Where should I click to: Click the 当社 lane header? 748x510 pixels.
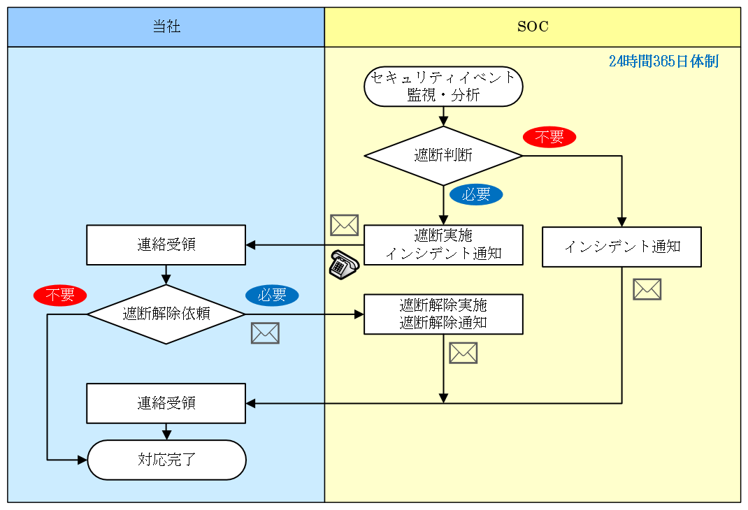pos(166,27)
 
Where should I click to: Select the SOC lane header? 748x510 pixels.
pos(533,27)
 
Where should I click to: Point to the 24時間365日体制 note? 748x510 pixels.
pos(663,61)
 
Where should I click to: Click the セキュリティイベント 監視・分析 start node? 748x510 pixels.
pos(443,87)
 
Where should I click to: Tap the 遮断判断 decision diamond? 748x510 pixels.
pos(443,156)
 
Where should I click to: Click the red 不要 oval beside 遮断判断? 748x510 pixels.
pos(549,138)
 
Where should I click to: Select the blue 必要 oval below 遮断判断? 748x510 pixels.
pos(476,195)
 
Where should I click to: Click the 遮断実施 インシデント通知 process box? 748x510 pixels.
pos(443,245)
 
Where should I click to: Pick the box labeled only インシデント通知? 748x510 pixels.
pos(621,247)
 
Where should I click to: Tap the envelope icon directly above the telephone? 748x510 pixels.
pos(344,225)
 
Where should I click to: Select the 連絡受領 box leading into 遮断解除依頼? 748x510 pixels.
pos(166,245)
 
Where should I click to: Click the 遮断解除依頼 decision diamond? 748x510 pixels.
pos(166,314)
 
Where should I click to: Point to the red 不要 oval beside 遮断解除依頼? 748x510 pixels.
pos(59,296)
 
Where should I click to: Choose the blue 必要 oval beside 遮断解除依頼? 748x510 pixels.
pos(272,296)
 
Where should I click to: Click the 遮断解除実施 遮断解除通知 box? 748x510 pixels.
pos(443,314)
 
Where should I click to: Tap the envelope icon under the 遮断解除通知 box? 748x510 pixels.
pos(463,353)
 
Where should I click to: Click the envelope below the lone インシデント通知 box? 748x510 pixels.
pos(647,289)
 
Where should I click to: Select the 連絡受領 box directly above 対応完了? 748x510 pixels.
pos(166,403)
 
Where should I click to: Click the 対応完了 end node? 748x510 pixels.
pos(166,460)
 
